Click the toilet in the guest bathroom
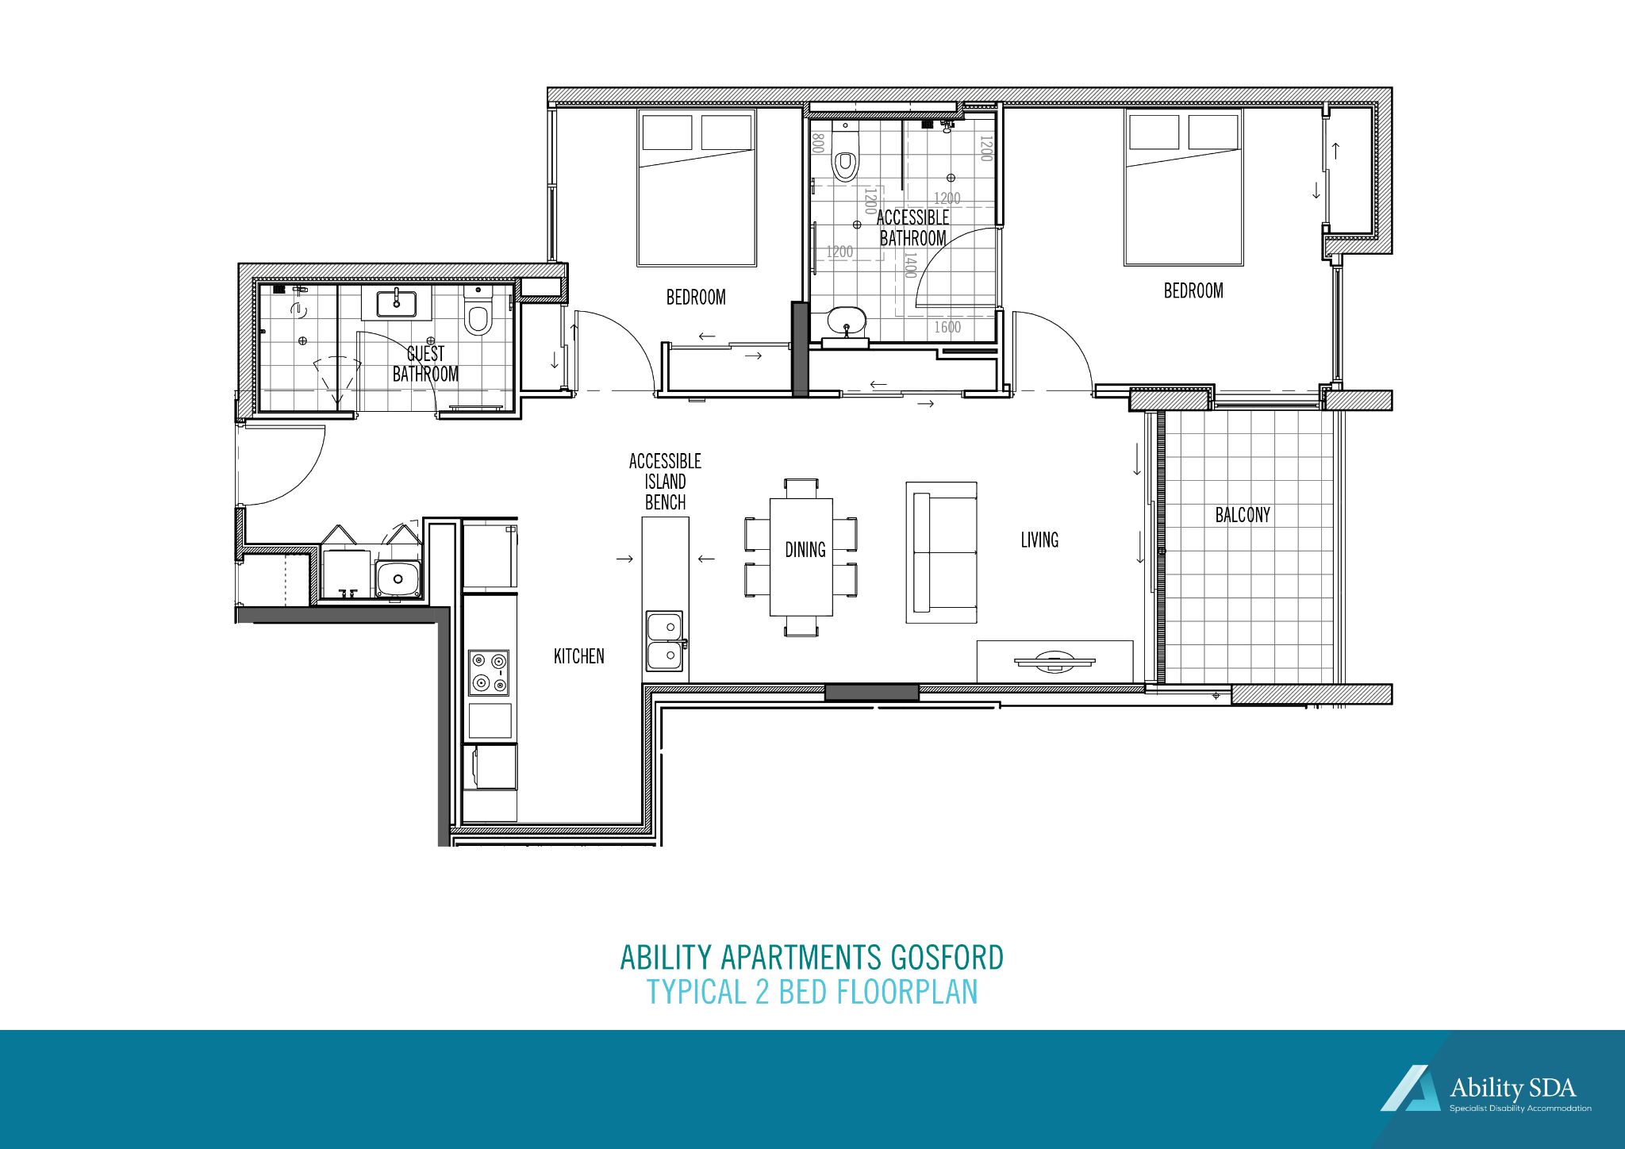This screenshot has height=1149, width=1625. (x=478, y=316)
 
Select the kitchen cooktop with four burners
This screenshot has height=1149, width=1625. (x=489, y=672)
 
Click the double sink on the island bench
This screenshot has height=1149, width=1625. (x=665, y=641)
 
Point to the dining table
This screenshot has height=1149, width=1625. (x=801, y=556)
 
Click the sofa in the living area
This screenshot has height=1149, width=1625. (x=941, y=552)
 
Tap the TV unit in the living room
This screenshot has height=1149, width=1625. (x=1055, y=661)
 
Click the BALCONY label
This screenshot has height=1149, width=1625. (x=1243, y=515)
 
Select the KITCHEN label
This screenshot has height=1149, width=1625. (x=578, y=656)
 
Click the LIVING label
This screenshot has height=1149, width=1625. (x=1039, y=540)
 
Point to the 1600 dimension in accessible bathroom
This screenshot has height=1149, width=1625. (x=947, y=327)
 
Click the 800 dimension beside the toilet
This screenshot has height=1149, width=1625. (x=819, y=144)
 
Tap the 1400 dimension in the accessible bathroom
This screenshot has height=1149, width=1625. (x=910, y=265)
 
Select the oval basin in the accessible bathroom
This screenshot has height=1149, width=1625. (x=847, y=321)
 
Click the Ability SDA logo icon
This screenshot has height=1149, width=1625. (x=1412, y=1088)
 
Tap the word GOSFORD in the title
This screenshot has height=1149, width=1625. (x=947, y=958)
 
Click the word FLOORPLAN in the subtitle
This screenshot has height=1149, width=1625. (x=907, y=993)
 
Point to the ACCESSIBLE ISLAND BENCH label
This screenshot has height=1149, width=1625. (x=665, y=482)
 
